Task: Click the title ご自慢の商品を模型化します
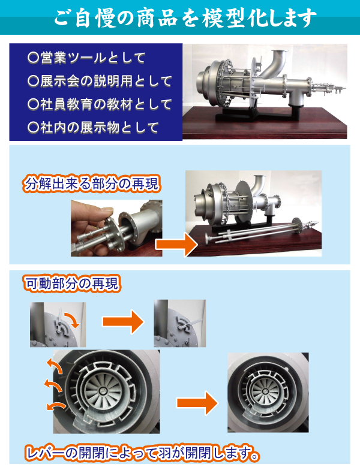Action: tap(185, 18)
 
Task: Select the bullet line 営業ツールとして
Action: tap(86, 58)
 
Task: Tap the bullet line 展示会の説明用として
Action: tap(100, 81)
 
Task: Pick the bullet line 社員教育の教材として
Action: tap(100, 104)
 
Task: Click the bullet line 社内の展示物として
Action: tap(93, 128)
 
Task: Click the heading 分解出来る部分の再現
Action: tap(91, 184)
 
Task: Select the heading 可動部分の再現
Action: tap(72, 283)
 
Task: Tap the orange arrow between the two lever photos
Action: tap(123, 322)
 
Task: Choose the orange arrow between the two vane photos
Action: tap(197, 403)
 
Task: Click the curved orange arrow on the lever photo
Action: tap(73, 320)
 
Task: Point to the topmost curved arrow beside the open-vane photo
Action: tap(55, 365)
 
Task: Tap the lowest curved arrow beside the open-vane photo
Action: tap(56, 406)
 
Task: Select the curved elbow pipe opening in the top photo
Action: tap(280, 55)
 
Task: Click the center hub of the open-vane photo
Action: tap(103, 390)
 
